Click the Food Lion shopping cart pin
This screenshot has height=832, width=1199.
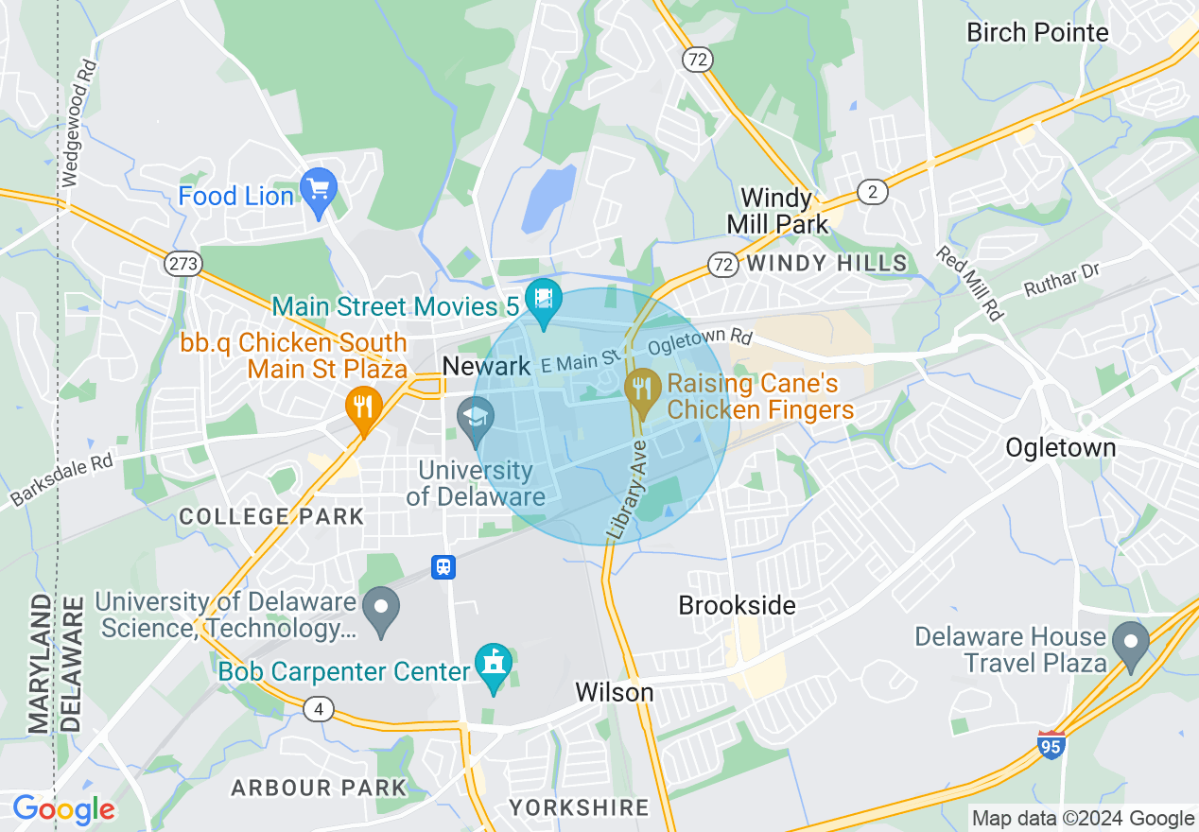pyautogui.click(x=318, y=187)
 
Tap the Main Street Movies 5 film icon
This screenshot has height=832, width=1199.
pyautogui.click(x=544, y=299)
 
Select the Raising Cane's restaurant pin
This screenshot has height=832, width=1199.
pyautogui.click(x=643, y=390)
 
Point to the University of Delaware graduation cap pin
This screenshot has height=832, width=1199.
pyautogui.click(x=476, y=418)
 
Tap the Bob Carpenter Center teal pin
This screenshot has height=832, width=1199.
pyautogui.click(x=493, y=664)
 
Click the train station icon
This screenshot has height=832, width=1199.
pyautogui.click(x=443, y=566)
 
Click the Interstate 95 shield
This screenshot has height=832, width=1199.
pyautogui.click(x=1051, y=744)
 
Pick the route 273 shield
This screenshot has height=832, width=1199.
pyautogui.click(x=182, y=264)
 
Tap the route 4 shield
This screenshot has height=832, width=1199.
pyautogui.click(x=319, y=709)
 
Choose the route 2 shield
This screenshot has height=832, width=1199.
pyautogui.click(x=872, y=192)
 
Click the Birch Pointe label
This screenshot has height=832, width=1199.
pyautogui.click(x=1037, y=32)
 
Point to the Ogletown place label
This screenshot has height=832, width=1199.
pyautogui.click(x=1060, y=447)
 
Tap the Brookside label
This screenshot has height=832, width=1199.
pyautogui.click(x=738, y=605)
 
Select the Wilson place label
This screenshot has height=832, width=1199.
pyautogui.click(x=615, y=692)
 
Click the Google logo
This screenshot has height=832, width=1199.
pyautogui.click(x=63, y=809)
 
